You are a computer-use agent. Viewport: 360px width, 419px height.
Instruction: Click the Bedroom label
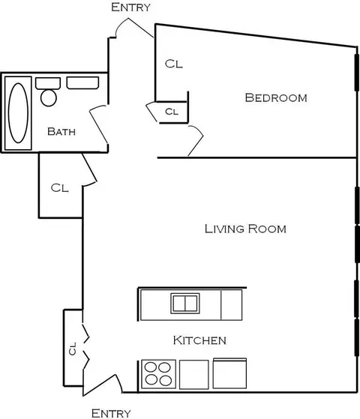(276, 97)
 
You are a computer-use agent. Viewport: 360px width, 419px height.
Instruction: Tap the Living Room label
(245, 229)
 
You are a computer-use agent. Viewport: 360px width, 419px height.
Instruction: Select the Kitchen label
(199, 340)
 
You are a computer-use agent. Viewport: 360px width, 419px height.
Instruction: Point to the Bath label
(61, 131)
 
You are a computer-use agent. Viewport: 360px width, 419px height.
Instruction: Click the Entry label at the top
(130, 7)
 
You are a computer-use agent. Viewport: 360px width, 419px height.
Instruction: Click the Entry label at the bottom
(111, 413)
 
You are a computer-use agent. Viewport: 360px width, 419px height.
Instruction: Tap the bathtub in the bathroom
(18, 113)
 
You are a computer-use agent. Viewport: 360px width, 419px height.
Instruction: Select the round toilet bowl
(49, 97)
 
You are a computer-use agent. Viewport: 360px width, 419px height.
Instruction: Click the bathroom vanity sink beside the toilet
(82, 83)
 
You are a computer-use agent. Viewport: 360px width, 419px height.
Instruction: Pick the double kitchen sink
(185, 304)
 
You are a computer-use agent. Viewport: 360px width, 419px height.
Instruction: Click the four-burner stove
(158, 374)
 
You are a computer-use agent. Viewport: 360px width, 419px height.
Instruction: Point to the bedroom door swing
(196, 141)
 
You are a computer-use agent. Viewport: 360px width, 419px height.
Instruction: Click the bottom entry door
(102, 385)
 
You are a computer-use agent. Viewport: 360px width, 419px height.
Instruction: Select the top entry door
(134, 28)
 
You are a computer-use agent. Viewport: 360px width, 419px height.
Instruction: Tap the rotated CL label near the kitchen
(73, 349)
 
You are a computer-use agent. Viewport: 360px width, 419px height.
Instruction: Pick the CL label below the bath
(60, 188)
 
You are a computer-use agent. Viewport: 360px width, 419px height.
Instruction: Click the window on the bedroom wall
(357, 73)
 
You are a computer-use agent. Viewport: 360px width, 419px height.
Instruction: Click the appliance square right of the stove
(194, 374)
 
